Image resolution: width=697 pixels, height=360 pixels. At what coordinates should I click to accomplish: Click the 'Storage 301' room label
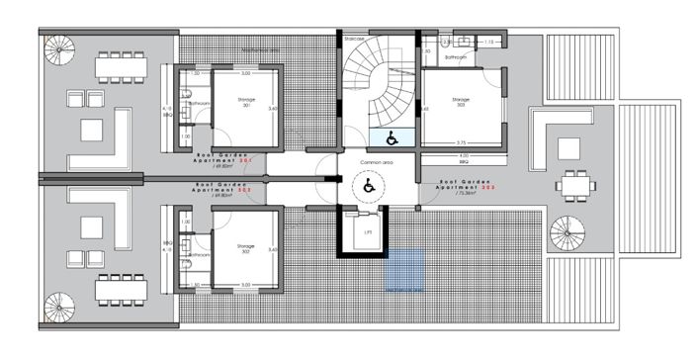(247, 102)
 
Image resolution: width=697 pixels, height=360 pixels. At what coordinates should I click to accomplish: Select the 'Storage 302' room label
(247, 247)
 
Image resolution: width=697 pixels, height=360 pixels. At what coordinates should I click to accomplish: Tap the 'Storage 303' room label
(461, 101)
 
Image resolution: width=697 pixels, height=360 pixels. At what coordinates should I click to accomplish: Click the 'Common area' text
(377, 161)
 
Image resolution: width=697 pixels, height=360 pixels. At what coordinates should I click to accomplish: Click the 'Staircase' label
(355, 39)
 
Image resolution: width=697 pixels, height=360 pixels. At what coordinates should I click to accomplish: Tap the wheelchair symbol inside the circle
(369, 184)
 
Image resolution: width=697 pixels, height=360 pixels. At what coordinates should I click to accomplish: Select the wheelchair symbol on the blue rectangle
(391, 136)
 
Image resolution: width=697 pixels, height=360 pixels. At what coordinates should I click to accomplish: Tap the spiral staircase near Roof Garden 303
(567, 230)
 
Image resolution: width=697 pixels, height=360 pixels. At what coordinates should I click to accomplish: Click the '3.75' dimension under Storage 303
(461, 142)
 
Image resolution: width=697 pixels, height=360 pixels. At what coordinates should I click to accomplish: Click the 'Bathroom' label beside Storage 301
(198, 103)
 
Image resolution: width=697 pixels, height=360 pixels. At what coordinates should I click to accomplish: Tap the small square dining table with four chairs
(570, 183)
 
